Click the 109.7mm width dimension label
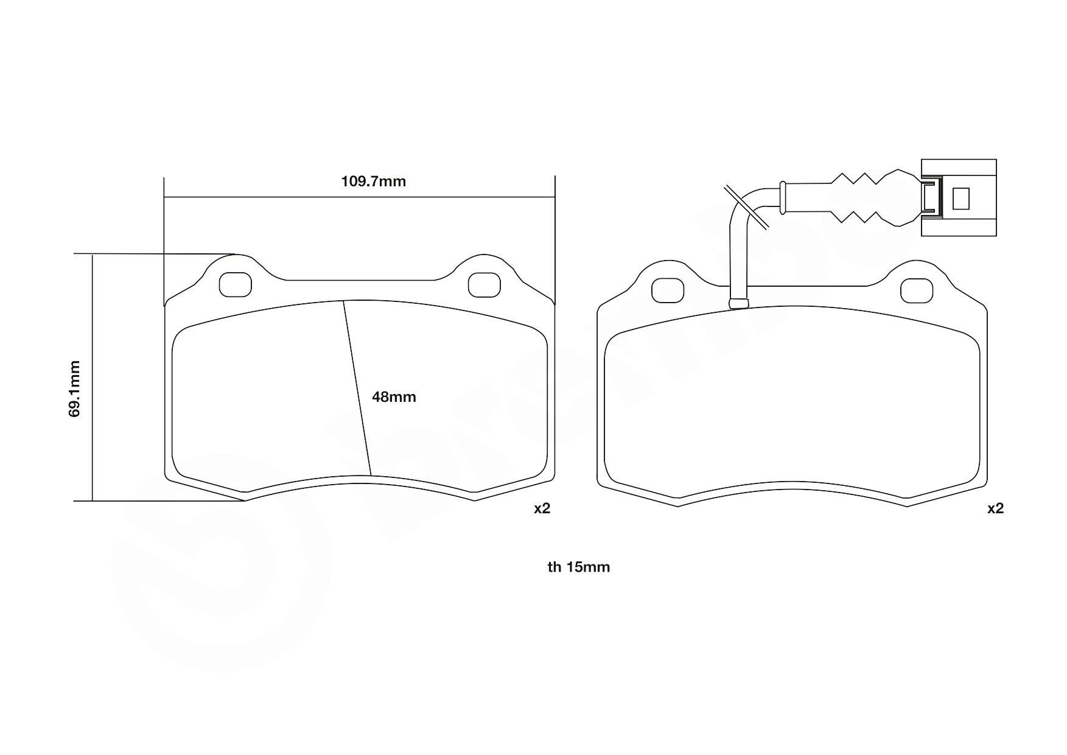click(x=373, y=181)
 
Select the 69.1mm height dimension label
click(x=74, y=388)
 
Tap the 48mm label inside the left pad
click(x=394, y=397)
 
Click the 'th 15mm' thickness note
click(x=578, y=567)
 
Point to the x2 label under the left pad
click(x=542, y=508)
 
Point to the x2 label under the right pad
click(x=995, y=508)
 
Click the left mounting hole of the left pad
click(x=235, y=284)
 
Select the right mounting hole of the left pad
click(x=484, y=284)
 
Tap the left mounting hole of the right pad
click(x=668, y=290)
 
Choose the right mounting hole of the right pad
click(x=917, y=290)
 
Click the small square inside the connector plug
click(x=960, y=198)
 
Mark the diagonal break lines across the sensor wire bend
click(x=746, y=207)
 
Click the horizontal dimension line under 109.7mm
click(x=359, y=197)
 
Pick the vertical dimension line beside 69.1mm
click(x=93, y=377)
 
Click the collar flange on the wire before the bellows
click(x=783, y=197)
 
